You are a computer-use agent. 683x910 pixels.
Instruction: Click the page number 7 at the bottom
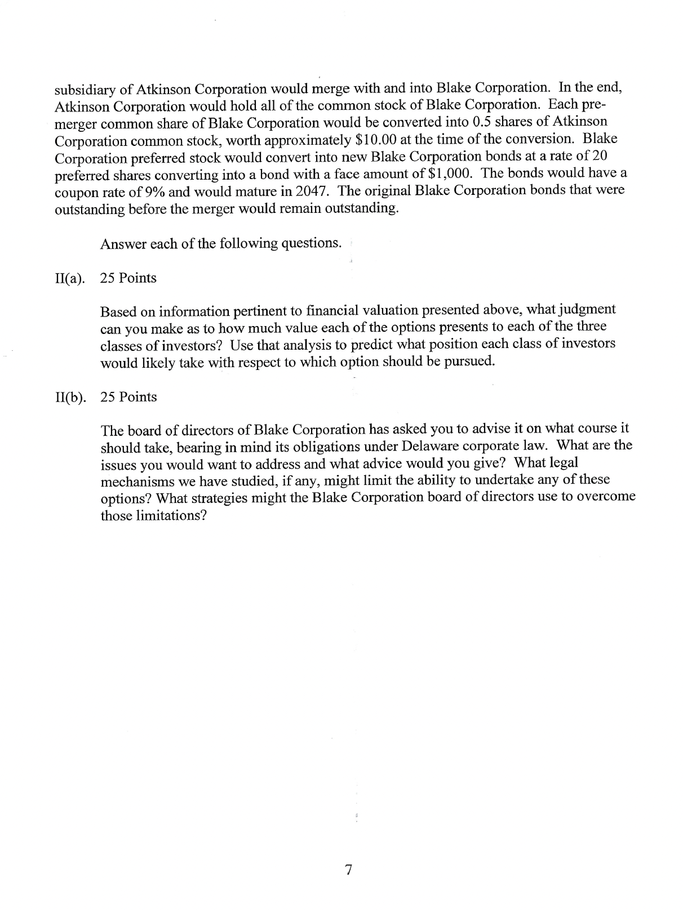pyautogui.click(x=348, y=870)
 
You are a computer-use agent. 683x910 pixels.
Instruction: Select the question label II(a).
pyautogui.click(x=70, y=278)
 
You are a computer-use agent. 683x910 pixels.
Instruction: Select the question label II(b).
pyautogui.click(x=70, y=397)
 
